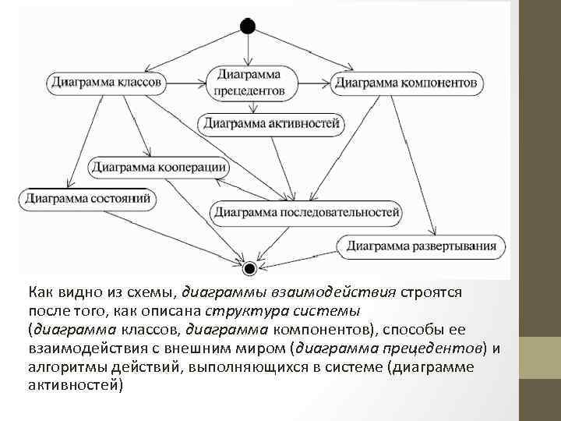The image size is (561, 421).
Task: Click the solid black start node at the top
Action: pyautogui.click(x=248, y=26)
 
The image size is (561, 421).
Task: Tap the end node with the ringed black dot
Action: pyautogui.click(x=249, y=269)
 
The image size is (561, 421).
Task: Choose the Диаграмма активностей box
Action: pyautogui.click(x=272, y=122)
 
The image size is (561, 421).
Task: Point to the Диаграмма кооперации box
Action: pyautogui.click(x=159, y=166)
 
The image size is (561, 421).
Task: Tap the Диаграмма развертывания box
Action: pyautogui.click(x=422, y=247)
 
